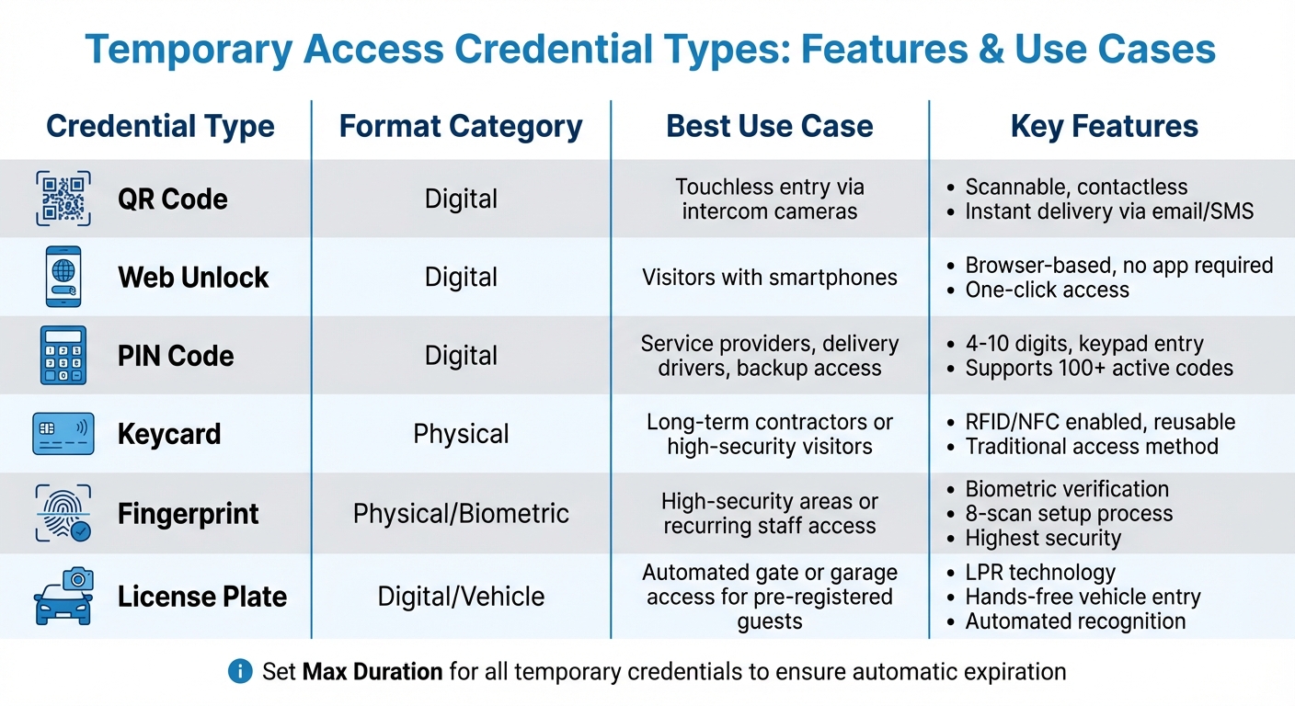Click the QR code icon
(x=63, y=198)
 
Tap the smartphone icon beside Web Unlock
(x=63, y=277)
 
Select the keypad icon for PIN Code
(x=63, y=355)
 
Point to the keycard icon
(x=63, y=433)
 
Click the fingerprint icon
(x=63, y=513)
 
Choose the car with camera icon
(x=63, y=596)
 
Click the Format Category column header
(x=461, y=127)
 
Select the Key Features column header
(x=1104, y=127)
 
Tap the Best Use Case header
(x=770, y=127)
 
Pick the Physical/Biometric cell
(x=461, y=513)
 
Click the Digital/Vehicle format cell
(x=461, y=596)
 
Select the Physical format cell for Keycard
(x=461, y=433)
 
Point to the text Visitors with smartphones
(x=770, y=277)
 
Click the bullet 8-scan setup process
(x=1069, y=513)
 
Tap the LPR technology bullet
(x=1039, y=573)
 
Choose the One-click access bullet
(x=1047, y=290)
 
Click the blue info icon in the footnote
(x=240, y=672)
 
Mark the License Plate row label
(x=202, y=596)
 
